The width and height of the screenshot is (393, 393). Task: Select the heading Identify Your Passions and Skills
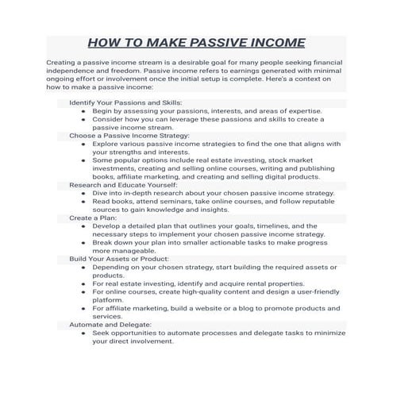125,103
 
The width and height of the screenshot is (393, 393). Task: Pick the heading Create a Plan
93,217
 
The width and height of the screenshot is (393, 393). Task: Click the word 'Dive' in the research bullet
101,193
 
